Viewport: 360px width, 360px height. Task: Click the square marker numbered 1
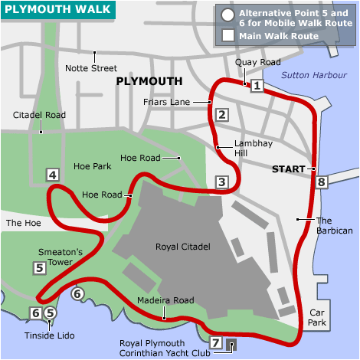tap(257, 86)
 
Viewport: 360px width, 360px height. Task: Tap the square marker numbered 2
tap(222, 116)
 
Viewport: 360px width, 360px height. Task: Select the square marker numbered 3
tap(222, 182)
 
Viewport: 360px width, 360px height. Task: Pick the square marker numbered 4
tap(53, 175)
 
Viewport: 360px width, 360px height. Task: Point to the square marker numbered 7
tap(216, 342)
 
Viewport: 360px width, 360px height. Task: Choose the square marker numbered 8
tap(322, 182)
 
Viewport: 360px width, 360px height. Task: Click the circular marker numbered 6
tap(77, 293)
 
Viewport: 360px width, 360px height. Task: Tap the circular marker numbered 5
tap(51, 313)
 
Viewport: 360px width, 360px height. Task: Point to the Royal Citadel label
tap(182, 247)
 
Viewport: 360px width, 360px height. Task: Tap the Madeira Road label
tap(165, 301)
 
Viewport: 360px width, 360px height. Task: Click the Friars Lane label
tap(183, 101)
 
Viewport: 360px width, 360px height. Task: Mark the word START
tap(288, 169)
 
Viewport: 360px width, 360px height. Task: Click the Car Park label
tap(318, 318)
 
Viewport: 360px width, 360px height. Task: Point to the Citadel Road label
tap(39, 115)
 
